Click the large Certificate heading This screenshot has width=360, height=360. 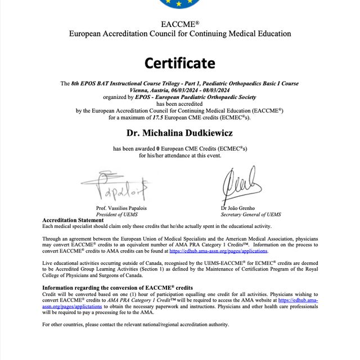pyautogui.click(x=179, y=62)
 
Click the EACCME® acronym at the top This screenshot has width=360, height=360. pyautogui.click(x=179, y=24)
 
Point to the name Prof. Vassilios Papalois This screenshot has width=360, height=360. pyautogui.click(x=121, y=208)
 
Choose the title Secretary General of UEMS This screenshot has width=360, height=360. pyautogui.click(x=250, y=214)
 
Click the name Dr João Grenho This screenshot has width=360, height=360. pyautogui.click(x=237, y=208)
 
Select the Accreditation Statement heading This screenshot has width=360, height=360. pyautogui.click(x=73, y=220)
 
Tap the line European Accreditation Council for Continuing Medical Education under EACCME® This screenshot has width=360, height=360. pyautogui.click(x=179, y=34)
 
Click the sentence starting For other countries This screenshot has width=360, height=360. pyautogui.click(x=136, y=325)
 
